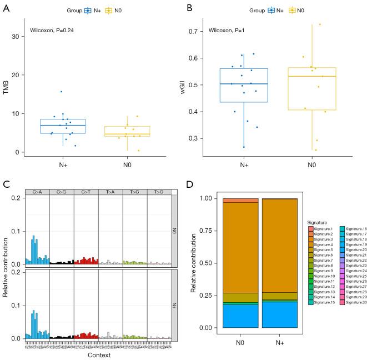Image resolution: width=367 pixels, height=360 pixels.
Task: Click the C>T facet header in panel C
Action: click(x=86, y=192)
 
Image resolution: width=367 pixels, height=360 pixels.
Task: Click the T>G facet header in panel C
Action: click(x=159, y=192)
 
